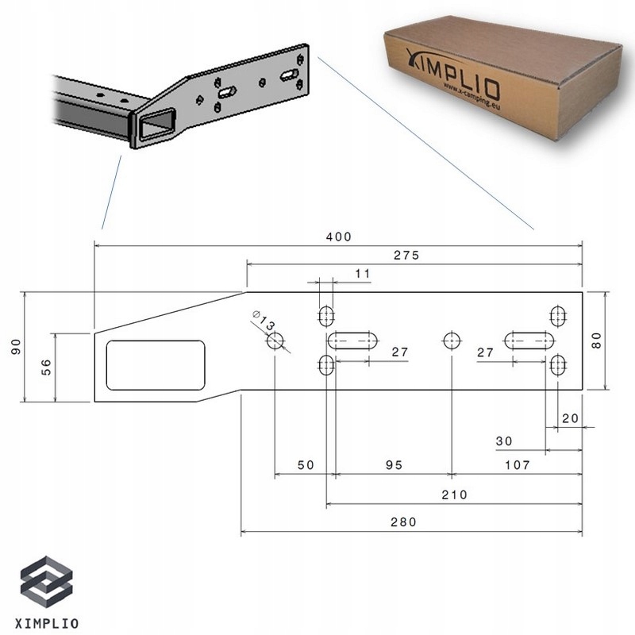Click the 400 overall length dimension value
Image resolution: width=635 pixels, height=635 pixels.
click(x=338, y=237)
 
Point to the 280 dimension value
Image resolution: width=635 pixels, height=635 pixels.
click(x=403, y=522)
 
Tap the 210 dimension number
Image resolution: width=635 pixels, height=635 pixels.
click(x=454, y=495)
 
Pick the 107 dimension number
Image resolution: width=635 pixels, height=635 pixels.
click(x=515, y=466)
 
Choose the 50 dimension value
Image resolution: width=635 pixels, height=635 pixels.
click(x=306, y=466)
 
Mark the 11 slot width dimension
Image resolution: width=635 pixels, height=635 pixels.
click(x=363, y=274)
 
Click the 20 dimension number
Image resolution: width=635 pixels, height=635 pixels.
click(x=569, y=418)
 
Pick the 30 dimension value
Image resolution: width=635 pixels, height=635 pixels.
click(x=503, y=441)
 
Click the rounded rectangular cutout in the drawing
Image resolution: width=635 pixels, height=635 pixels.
click(x=156, y=365)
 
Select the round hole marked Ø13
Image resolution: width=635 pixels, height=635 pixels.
click(x=275, y=341)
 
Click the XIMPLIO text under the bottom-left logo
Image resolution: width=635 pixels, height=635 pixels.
click(x=48, y=622)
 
